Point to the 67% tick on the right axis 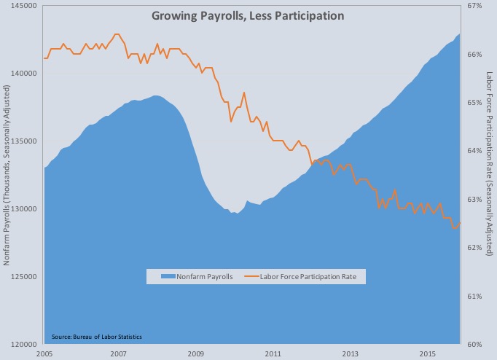(x=475, y=6)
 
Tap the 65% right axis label (x=475, y=103)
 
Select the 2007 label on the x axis (x=119, y=353)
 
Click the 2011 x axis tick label (x=273, y=353)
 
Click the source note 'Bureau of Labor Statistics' (x=97, y=336)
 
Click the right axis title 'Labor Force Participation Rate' (x=490, y=163)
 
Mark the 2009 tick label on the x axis (x=195, y=353)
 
